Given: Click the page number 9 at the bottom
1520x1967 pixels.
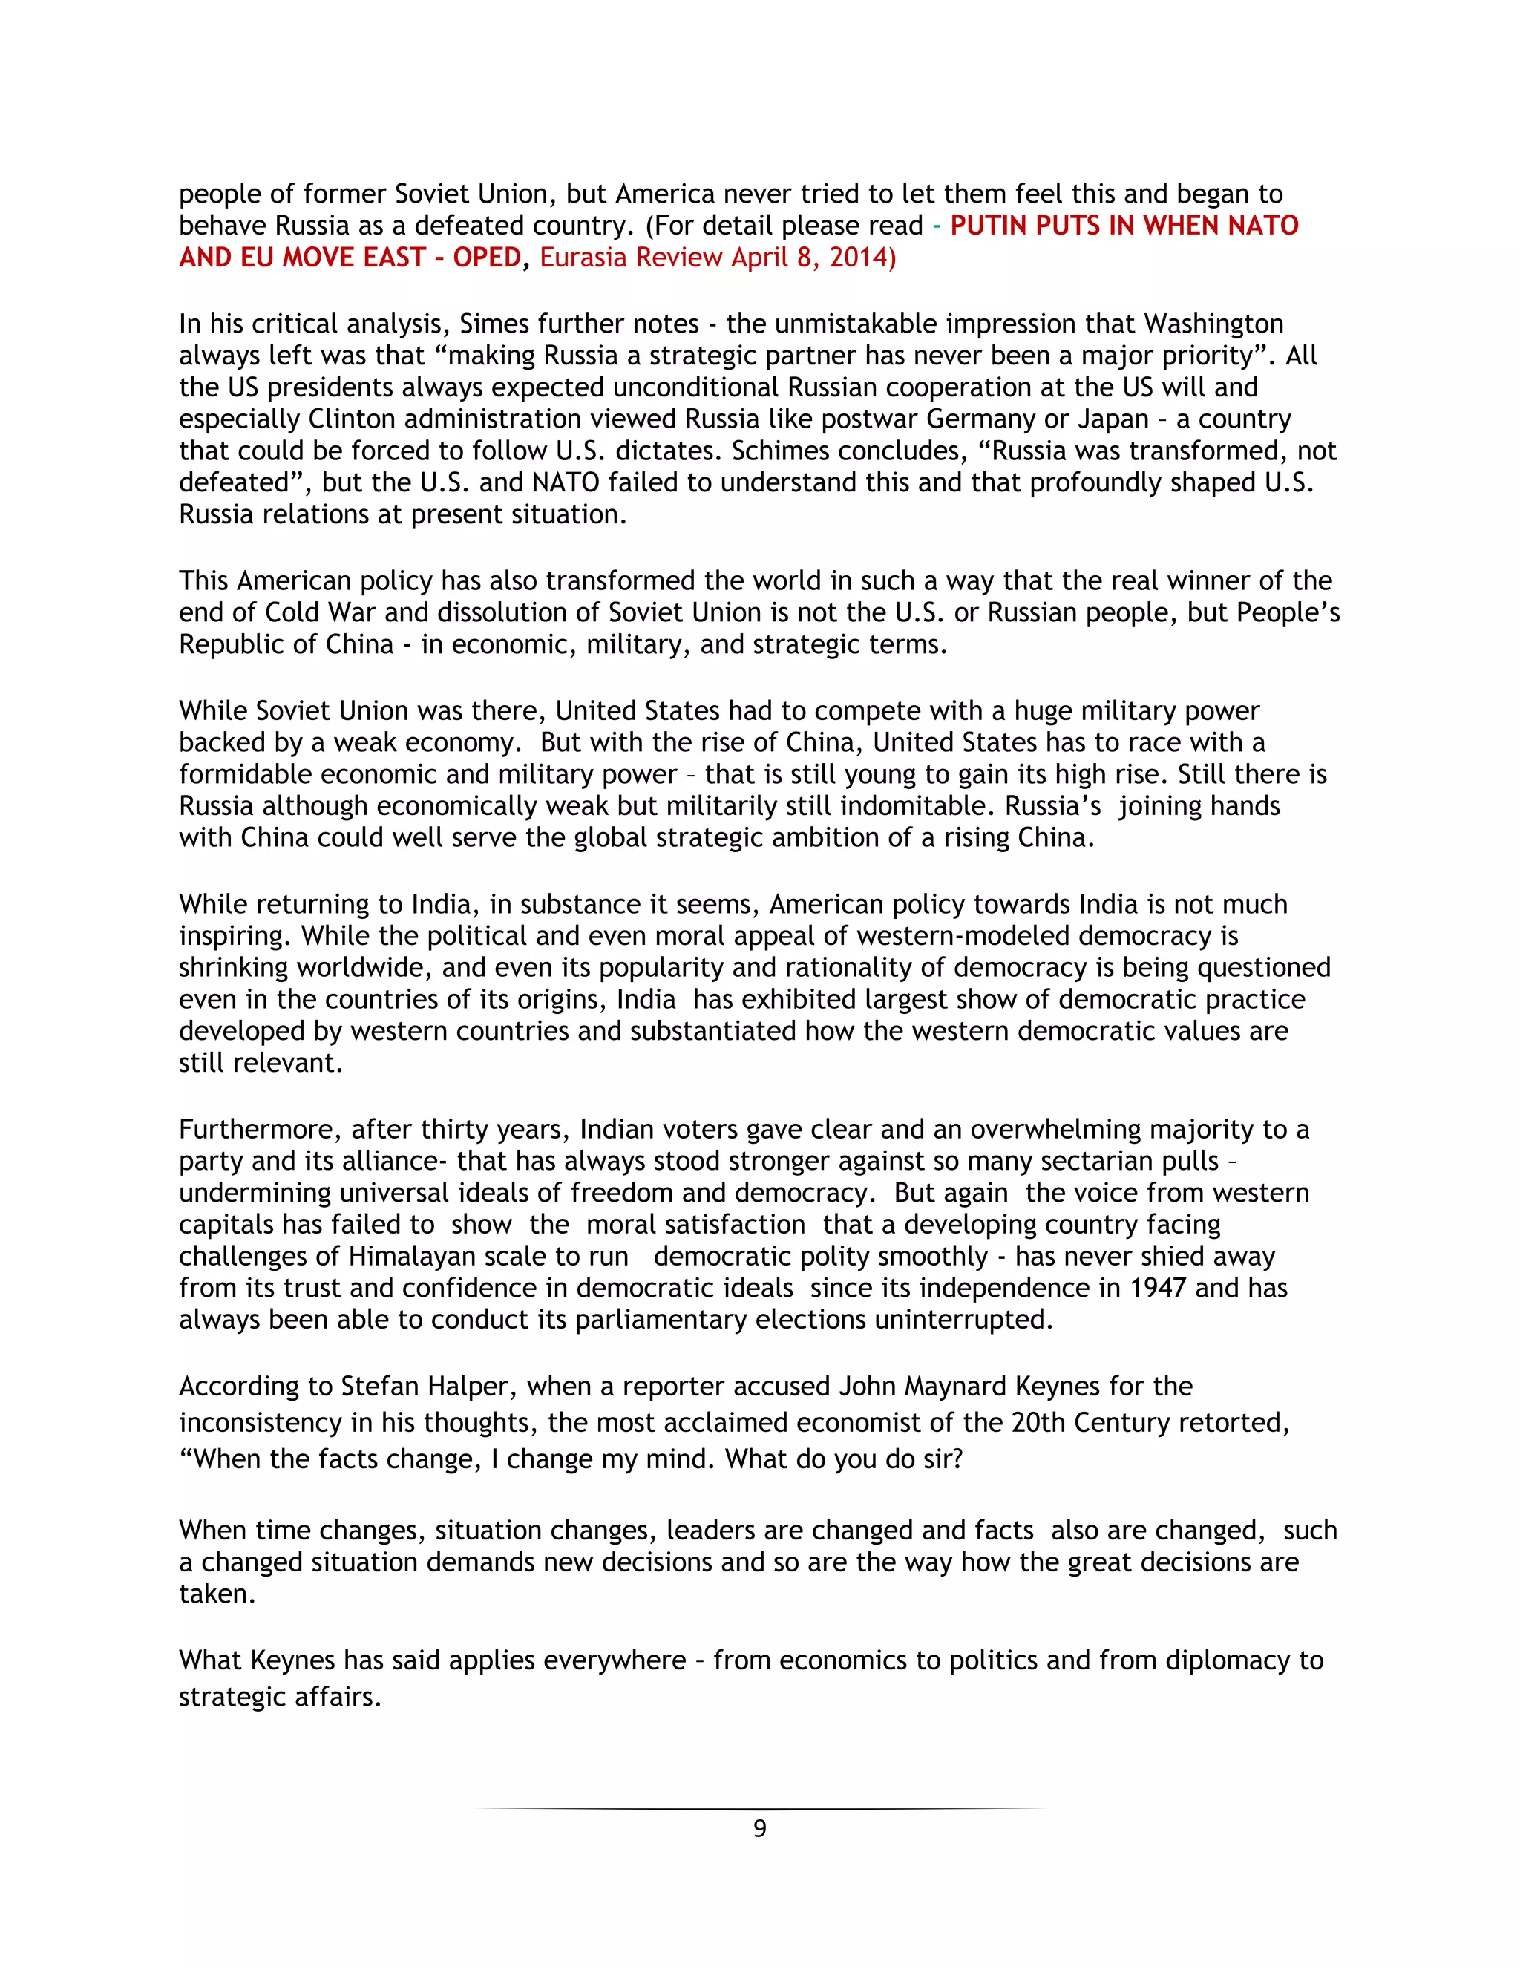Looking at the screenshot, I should pos(759,1828).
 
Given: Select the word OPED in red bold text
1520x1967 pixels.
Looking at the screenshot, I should pos(486,258).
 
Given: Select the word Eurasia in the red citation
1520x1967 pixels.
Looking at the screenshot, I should pos(586,258).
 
